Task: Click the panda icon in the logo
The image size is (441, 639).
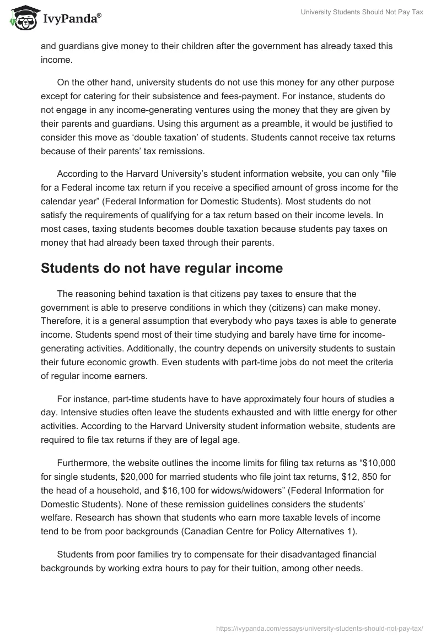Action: point(20,18)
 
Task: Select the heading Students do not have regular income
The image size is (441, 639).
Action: point(162,268)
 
